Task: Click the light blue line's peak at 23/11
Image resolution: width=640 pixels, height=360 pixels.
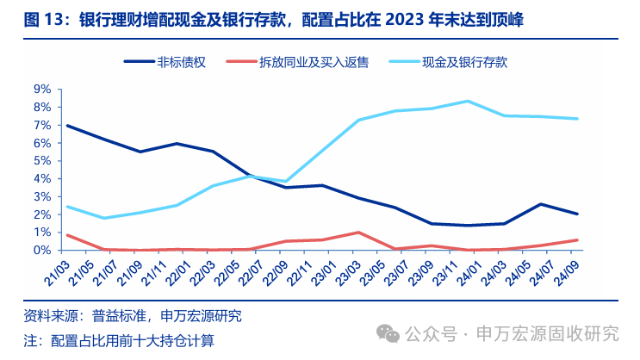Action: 468,101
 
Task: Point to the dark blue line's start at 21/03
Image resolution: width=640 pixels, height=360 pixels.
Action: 66,126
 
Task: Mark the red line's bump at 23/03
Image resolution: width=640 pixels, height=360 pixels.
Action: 357,233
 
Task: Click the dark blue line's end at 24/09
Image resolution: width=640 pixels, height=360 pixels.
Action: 577,214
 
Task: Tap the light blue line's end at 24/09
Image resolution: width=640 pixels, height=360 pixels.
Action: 577,119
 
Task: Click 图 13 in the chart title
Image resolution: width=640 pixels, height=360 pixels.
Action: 42,20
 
